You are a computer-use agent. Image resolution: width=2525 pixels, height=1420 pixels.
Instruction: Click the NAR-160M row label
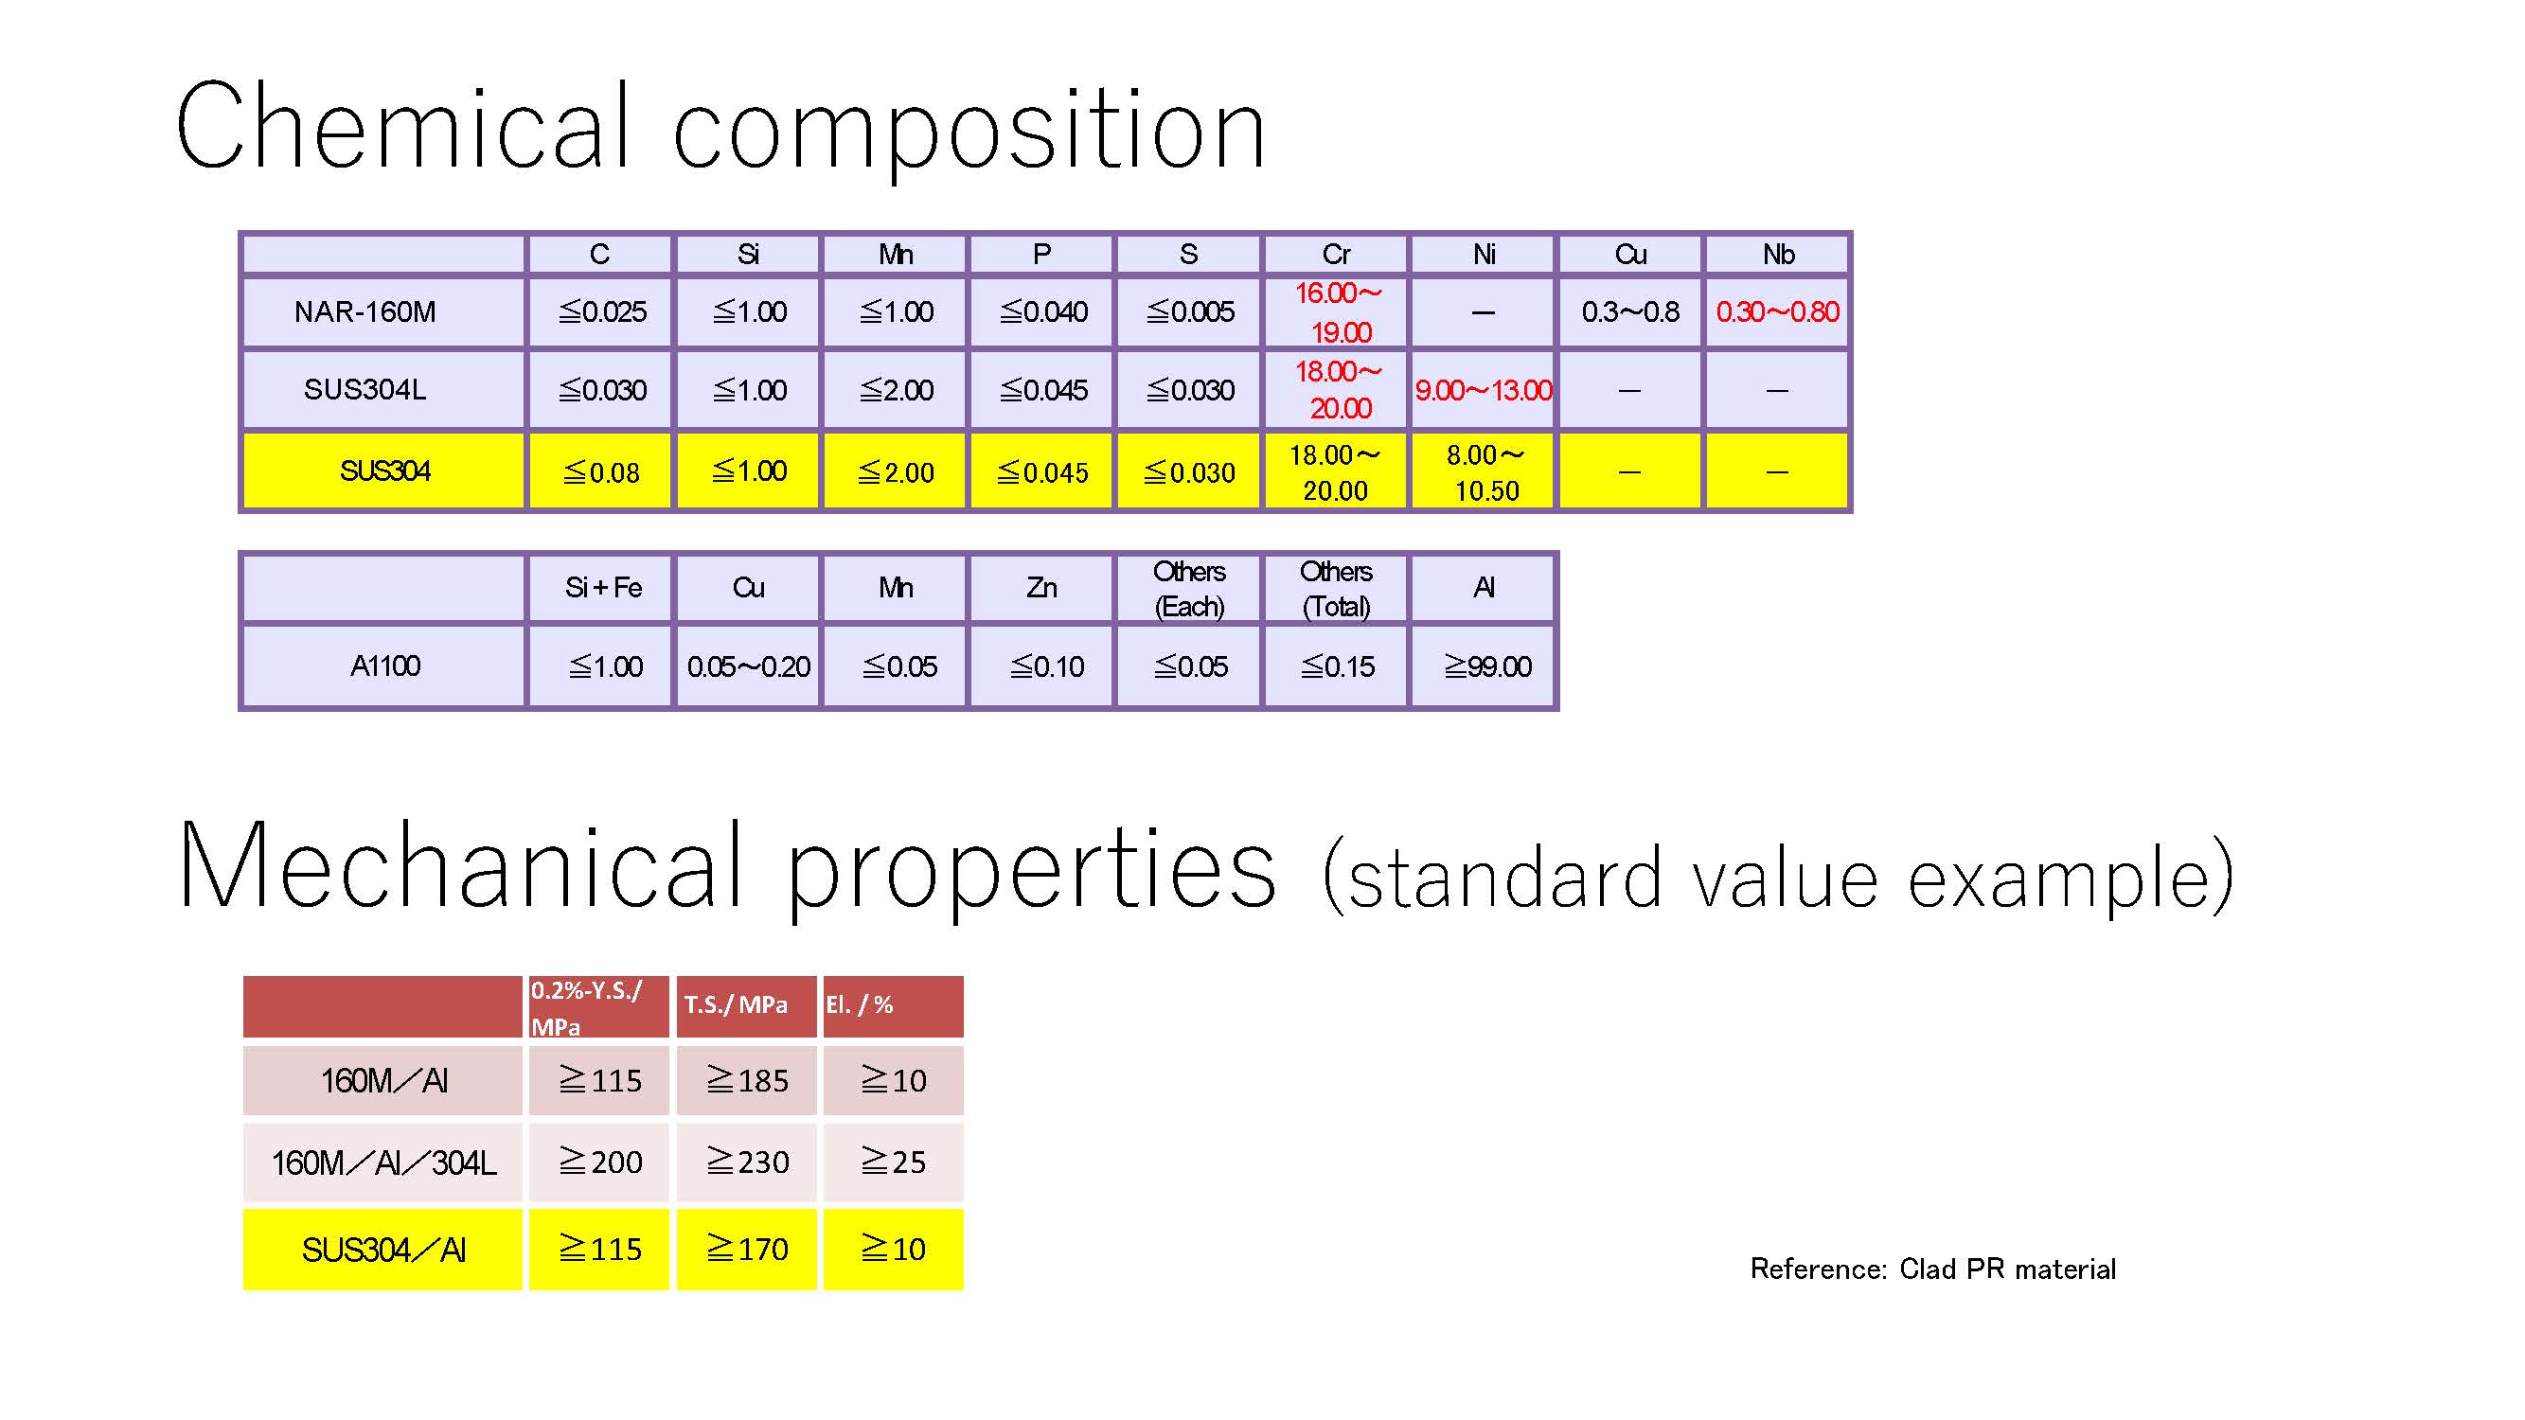[365, 311]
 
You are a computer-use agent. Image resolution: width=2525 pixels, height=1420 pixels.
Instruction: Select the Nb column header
[1778, 255]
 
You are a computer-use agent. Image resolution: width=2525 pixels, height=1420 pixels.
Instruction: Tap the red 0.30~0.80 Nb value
[1777, 311]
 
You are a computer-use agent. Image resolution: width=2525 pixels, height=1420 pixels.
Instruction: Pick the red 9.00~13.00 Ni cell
[1483, 390]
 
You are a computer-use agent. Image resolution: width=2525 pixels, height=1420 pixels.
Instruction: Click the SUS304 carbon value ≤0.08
[601, 472]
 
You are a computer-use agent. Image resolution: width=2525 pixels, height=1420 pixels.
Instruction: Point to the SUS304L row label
[365, 389]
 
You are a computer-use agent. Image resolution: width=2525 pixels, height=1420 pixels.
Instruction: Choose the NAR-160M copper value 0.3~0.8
[1630, 311]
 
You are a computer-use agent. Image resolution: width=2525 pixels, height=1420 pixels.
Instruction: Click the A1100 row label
[385, 666]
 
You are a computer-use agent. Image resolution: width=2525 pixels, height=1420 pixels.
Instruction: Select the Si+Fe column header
[603, 588]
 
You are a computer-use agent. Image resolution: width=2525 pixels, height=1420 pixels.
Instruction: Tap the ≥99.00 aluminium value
[1487, 666]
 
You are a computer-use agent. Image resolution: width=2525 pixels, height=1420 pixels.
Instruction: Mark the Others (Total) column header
[1336, 589]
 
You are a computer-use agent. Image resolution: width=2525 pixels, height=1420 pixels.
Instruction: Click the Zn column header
[1041, 588]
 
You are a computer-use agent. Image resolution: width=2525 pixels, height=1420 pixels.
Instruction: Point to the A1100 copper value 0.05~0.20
[748, 666]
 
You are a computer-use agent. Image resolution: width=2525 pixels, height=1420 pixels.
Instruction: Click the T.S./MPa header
[735, 1004]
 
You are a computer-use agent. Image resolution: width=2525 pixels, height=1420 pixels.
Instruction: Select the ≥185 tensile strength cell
[747, 1080]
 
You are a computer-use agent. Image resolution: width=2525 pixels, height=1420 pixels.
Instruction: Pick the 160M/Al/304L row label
[383, 1163]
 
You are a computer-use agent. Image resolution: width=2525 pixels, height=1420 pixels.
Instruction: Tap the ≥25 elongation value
[893, 1162]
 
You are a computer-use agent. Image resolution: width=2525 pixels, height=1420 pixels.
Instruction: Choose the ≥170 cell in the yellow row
[747, 1249]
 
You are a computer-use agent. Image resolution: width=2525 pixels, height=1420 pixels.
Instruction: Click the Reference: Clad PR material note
[1933, 1269]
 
